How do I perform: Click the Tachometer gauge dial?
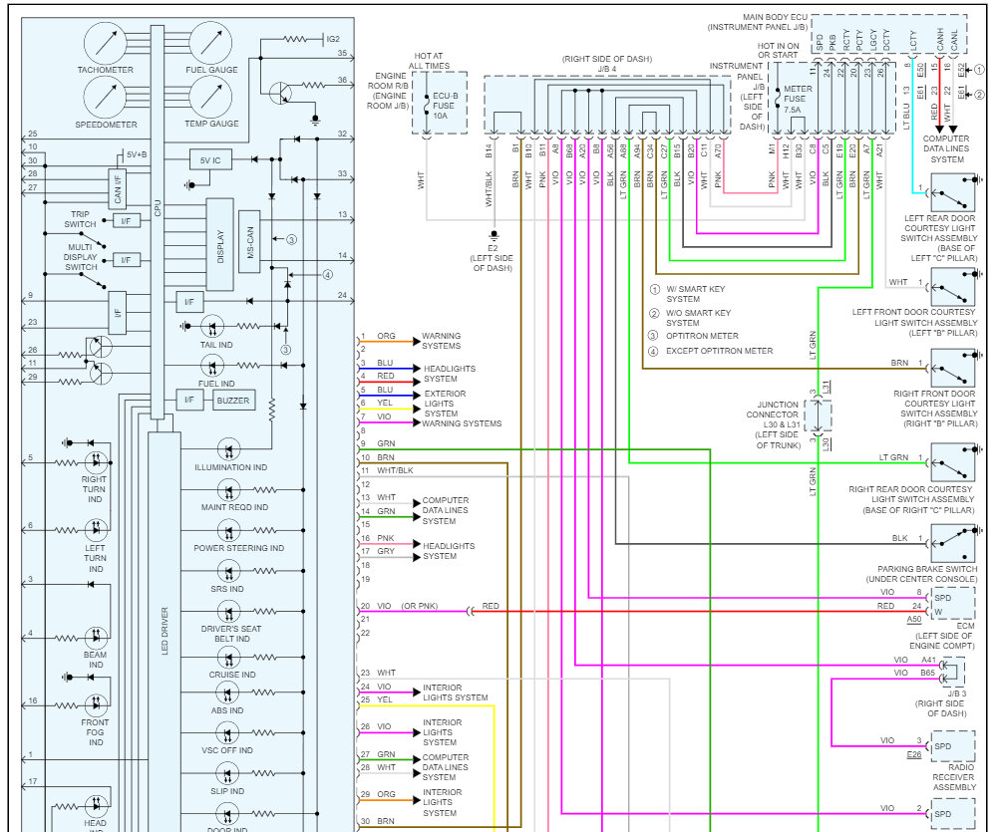tap(105, 43)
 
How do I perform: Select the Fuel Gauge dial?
tap(211, 43)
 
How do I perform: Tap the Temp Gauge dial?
tap(211, 97)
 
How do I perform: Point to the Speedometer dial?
tap(105, 97)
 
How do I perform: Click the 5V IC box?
tap(210, 160)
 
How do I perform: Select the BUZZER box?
tap(233, 400)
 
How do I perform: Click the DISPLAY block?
tap(219, 245)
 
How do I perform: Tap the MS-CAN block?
tap(249, 242)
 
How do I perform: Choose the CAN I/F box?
tap(118, 188)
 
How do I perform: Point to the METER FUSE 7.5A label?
tap(797, 100)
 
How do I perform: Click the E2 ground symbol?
tap(494, 235)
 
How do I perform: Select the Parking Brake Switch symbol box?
tap(952, 543)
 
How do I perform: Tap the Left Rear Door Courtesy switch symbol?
tap(952, 193)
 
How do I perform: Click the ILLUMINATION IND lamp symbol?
tap(228, 449)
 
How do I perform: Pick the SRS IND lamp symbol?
tap(228, 571)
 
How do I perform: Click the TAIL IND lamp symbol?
tap(212, 327)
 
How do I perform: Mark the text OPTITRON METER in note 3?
tap(702, 336)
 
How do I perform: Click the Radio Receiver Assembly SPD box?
tap(952, 746)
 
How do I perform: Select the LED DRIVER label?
tap(165, 631)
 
